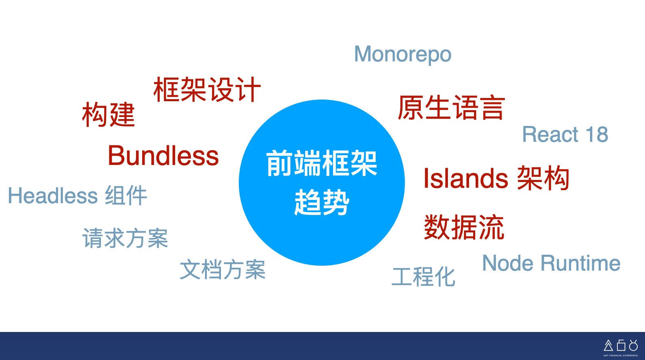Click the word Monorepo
(403, 54)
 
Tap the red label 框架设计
(207, 89)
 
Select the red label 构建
(108, 114)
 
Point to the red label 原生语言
(451, 107)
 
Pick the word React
(550, 134)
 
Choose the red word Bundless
(163, 156)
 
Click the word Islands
(465, 178)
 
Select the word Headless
(53, 195)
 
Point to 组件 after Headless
(126, 195)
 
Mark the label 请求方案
(125, 238)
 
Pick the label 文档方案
(223, 269)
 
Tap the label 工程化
(424, 277)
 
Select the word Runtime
(580, 263)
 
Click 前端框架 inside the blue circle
(322, 163)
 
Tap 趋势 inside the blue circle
(322, 202)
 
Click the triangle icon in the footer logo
(608, 345)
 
